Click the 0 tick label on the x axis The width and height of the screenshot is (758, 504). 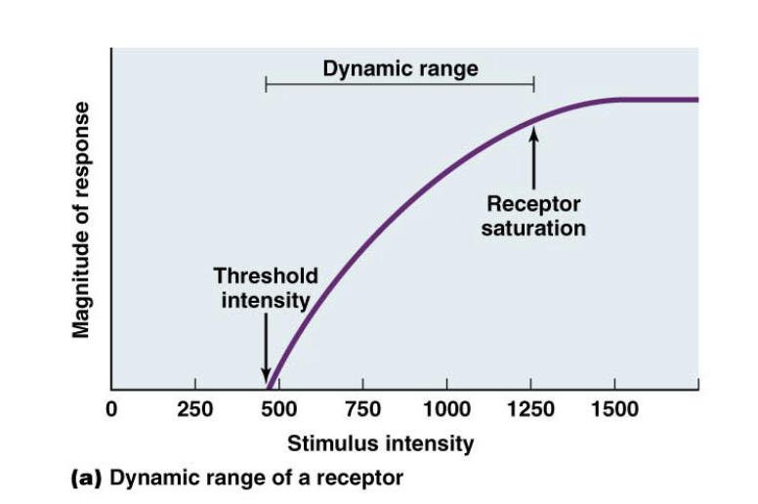(111, 409)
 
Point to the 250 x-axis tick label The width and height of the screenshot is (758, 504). (194, 409)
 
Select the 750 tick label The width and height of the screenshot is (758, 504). (362, 409)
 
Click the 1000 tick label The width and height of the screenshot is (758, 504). (446, 409)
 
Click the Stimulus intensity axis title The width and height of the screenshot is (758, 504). (380, 443)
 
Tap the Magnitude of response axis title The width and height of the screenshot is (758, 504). (82, 219)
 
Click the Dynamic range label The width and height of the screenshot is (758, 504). (400, 68)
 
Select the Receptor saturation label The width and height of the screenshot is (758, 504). (533, 216)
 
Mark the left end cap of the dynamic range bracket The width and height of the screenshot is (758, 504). (266, 86)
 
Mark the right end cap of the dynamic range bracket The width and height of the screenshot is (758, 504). (533, 86)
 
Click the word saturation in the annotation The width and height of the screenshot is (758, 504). (533, 229)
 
